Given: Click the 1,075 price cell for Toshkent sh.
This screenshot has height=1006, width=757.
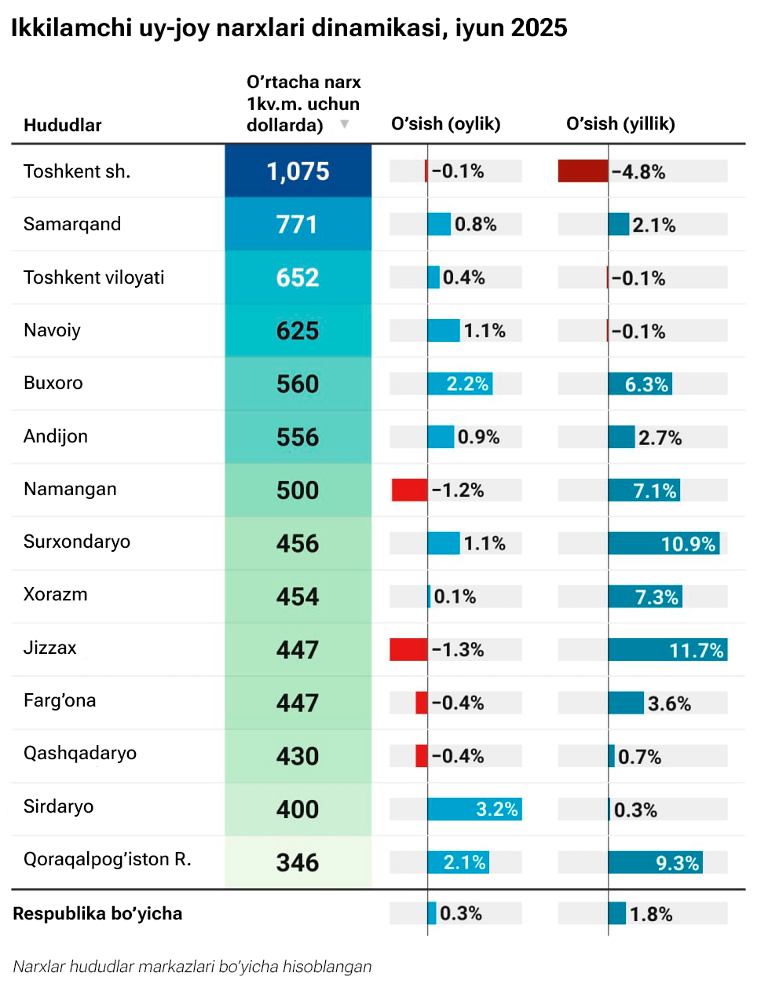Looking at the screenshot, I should (298, 171).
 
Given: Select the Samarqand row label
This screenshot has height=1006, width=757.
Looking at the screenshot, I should (72, 224).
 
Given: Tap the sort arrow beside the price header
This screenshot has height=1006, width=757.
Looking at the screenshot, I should (344, 124).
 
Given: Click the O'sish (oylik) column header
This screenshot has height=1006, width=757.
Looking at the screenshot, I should (445, 123).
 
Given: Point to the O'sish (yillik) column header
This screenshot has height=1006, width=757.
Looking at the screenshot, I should (620, 123).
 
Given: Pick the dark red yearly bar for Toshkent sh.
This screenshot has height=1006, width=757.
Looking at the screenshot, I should (583, 171).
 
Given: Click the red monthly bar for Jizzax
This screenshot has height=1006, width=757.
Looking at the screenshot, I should (408, 650).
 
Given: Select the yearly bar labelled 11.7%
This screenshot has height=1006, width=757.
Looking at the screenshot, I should (667, 650).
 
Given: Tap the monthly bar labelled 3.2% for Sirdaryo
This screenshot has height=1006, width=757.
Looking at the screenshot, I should (474, 809).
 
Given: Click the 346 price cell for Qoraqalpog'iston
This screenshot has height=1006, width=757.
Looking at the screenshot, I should (298, 862).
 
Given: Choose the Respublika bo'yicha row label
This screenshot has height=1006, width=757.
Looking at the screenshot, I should (97, 913).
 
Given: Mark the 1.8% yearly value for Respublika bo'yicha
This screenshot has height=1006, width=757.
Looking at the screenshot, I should (651, 914).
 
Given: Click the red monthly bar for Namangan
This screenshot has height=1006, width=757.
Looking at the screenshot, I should (410, 490).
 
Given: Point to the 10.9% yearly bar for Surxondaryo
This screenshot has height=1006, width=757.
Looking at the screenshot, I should (664, 543).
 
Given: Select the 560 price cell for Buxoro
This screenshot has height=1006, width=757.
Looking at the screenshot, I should (298, 384).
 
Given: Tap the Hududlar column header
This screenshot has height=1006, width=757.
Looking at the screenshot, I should (63, 125).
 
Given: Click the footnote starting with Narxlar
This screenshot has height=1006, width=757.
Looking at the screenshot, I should (192, 967).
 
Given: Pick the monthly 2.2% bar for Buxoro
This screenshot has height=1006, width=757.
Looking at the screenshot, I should (459, 384).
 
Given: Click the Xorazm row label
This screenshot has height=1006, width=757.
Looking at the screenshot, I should (56, 594).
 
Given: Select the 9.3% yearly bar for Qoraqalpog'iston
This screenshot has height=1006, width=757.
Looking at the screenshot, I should (655, 862).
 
